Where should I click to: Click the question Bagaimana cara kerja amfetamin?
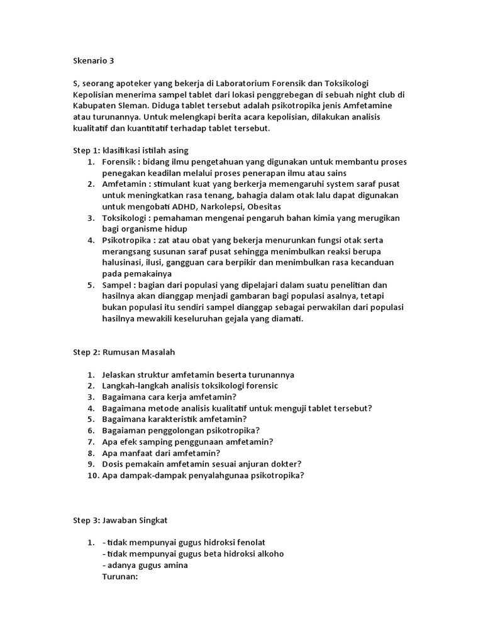tap(169, 397)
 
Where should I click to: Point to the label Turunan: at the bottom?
tap(119, 576)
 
